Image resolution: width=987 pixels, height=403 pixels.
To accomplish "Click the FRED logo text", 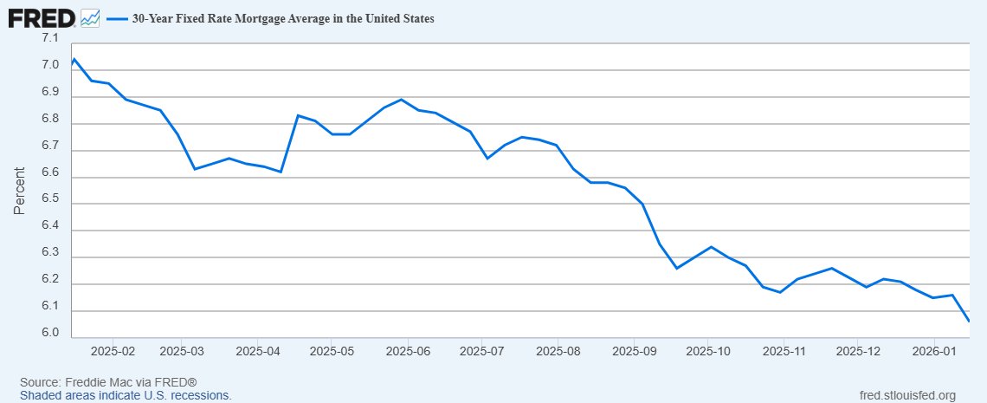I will [41, 16].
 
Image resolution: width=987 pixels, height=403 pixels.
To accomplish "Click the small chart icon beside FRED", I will [90, 17].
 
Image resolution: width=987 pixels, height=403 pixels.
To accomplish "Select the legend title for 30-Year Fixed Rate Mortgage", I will [282, 17].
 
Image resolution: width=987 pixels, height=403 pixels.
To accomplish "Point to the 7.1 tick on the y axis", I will [49, 39].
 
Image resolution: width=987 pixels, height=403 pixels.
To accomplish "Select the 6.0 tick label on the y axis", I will [49, 334].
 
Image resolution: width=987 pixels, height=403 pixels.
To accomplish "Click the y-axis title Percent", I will [20, 191].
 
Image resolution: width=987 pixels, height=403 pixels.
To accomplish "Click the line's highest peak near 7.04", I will [74, 59].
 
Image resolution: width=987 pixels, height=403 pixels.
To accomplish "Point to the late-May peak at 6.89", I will [401, 99].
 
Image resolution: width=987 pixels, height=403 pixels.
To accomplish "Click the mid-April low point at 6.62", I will [281, 172].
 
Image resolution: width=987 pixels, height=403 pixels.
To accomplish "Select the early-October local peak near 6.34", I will [711, 247].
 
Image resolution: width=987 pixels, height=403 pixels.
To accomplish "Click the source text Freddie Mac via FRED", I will [108, 382].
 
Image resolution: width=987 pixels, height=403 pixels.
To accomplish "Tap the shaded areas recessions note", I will [126, 395].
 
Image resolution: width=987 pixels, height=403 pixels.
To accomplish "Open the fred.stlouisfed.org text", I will [904, 395].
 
